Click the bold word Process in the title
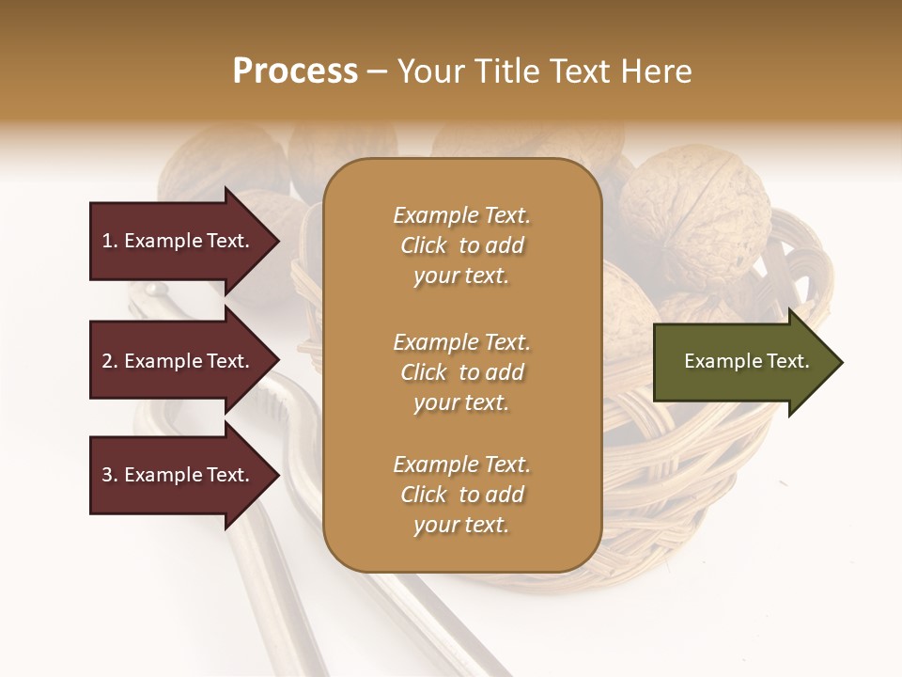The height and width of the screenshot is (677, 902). click(x=295, y=71)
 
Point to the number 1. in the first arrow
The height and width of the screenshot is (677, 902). click(x=110, y=241)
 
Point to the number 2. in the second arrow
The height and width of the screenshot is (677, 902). click(x=110, y=361)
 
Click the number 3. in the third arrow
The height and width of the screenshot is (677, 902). click(x=110, y=475)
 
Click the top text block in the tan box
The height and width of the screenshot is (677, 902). click(x=461, y=245)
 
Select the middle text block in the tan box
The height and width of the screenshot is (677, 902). click(x=461, y=372)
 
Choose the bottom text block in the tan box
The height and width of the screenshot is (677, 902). click(x=461, y=495)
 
